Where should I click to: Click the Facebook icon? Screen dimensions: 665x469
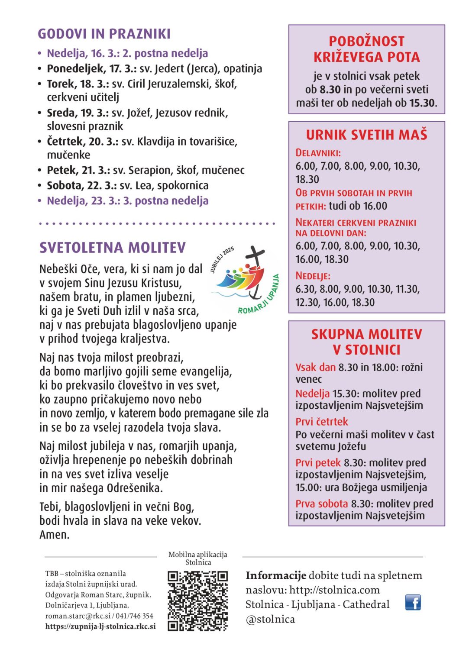pos(413,602)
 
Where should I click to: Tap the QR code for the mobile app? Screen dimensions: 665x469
pos(197,600)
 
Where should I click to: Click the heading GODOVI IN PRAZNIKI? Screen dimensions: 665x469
pos(104,34)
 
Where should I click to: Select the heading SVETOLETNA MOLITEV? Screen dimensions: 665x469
pos(113,248)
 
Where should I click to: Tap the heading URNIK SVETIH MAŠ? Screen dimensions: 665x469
pos(366,135)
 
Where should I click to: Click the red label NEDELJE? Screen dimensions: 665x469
pos(313,276)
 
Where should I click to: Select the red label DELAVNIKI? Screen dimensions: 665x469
pos(318,153)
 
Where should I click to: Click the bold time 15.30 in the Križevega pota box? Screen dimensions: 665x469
pos(422,103)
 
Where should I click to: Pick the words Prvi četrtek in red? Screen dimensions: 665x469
pos(322,422)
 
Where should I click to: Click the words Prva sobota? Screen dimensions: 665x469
pos(322,504)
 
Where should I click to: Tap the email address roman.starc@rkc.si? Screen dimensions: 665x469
pos(78,616)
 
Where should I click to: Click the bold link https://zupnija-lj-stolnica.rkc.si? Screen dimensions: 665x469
pos(100,626)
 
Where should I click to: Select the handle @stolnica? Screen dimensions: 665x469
pos(270,619)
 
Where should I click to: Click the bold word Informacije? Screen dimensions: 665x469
pos(276,575)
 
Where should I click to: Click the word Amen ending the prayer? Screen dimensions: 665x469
pos(54,535)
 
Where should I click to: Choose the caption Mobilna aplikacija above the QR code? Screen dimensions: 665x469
pos(197,555)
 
